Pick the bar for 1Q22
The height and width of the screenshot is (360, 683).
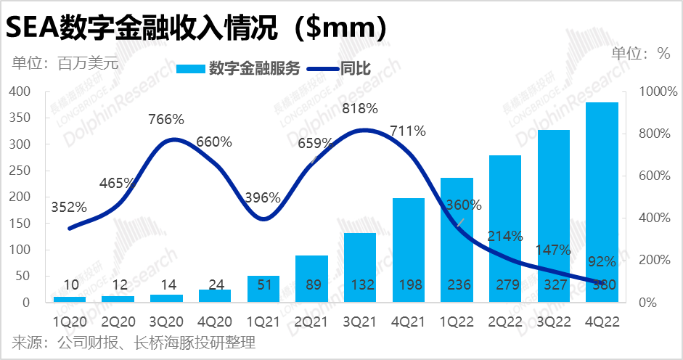click(457, 240)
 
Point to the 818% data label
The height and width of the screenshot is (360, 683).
click(360, 109)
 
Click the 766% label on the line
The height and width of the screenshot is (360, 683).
click(166, 119)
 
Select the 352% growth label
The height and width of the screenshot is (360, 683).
click(69, 208)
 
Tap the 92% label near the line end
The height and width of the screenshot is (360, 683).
click(602, 261)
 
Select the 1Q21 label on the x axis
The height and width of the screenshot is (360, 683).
click(263, 319)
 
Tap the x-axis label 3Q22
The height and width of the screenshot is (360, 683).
click(553, 319)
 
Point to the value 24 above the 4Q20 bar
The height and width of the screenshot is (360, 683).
click(214, 285)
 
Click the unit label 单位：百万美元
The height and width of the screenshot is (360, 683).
click(65, 62)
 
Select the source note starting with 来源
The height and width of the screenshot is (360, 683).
click(134, 342)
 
